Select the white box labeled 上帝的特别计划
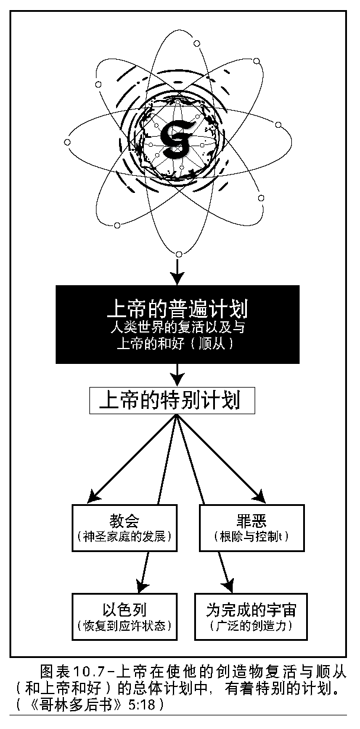coord(172,401)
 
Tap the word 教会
coord(124,521)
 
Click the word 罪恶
coord(251,521)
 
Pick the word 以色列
coord(124,609)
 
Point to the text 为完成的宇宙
coord(251,609)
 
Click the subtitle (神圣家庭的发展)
coord(124,537)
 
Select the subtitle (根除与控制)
coord(251,537)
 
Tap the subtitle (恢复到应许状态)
coord(124,625)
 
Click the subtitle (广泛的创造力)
coord(251,625)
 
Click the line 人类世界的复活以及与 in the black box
coord(177,327)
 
